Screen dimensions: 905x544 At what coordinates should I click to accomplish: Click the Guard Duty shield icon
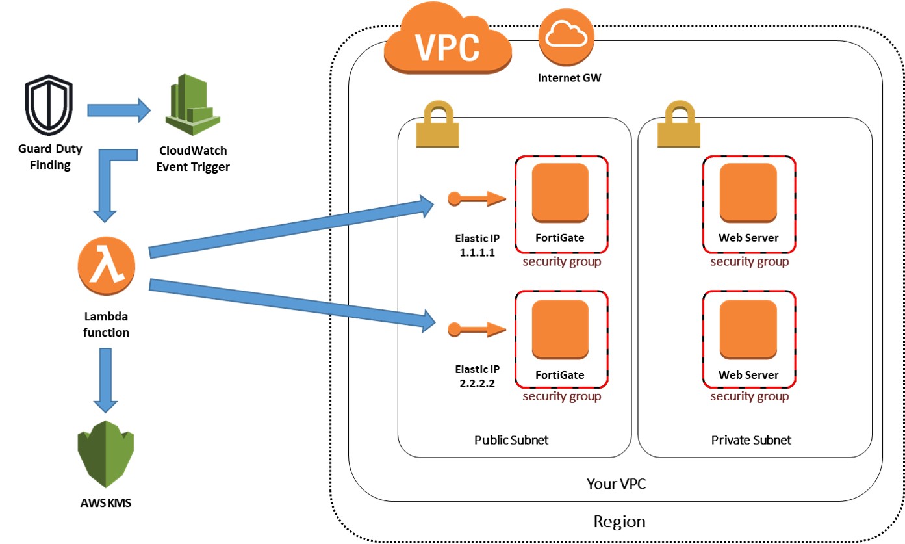(x=49, y=105)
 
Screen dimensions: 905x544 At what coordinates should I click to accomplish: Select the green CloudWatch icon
(x=193, y=104)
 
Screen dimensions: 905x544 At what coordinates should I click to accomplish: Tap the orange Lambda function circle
(x=107, y=266)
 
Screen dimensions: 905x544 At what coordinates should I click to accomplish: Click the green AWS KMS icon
(x=105, y=454)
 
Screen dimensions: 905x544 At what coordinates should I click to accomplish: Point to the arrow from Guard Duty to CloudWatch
(x=119, y=110)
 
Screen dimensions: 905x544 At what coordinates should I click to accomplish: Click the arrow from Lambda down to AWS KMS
(x=105, y=380)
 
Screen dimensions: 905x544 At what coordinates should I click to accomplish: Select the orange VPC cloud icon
(x=448, y=38)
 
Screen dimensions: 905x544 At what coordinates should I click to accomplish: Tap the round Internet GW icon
(x=566, y=37)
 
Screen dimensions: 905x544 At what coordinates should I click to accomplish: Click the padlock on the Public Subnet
(x=437, y=124)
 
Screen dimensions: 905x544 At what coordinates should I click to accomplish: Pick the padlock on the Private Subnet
(x=679, y=124)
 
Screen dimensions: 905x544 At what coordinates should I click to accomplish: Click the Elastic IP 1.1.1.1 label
(x=477, y=245)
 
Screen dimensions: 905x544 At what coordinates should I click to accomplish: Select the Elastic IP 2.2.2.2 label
(x=477, y=376)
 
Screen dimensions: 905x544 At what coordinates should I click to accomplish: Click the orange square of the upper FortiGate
(x=560, y=193)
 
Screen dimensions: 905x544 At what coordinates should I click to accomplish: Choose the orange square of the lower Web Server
(x=748, y=330)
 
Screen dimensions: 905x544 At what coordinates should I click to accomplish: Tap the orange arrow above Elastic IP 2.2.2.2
(x=477, y=330)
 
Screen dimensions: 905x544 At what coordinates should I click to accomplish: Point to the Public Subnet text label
(x=511, y=440)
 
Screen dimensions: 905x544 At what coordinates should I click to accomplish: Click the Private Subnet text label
(x=751, y=440)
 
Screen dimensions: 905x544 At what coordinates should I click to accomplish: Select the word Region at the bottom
(x=619, y=522)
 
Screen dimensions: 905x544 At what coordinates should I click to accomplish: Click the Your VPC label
(x=616, y=484)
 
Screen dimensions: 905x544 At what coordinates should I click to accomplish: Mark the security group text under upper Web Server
(x=750, y=262)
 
